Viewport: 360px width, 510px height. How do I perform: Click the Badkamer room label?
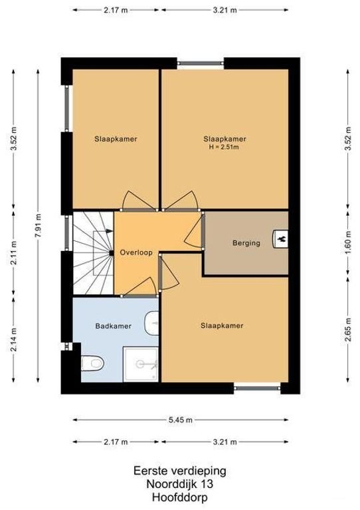pyautogui.click(x=113, y=326)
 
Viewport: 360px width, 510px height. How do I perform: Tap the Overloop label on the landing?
pyautogui.click(x=136, y=253)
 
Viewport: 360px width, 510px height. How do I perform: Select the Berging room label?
pyautogui.click(x=246, y=243)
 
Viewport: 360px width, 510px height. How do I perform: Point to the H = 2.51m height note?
pyautogui.click(x=224, y=147)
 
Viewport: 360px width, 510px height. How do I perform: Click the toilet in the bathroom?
pyautogui.click(x=92, y=363)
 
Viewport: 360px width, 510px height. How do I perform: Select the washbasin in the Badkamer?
pyautogui.click(x=152, y=323)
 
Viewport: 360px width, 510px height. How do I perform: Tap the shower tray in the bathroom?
pyautogui.click(x=141, y=364)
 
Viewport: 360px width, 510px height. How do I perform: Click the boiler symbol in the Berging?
pyautogui.click(x=280, y=239)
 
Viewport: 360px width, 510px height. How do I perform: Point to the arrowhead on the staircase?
pyautogui.click(x=110, y=231)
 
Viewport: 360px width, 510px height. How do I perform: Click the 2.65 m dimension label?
pyautogui.click(x=348, y=329)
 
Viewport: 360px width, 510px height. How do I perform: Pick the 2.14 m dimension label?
pyautogui.click(x=14, y=339)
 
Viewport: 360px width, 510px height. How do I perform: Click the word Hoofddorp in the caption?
pyautogui.click(x=179, y=497)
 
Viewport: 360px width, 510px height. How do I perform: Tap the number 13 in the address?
pyautogui.click(x=207, y=484)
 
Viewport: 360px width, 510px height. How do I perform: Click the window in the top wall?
pyautogui.click(x=201, y=64)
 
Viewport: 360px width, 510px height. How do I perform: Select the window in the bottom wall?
pyautogui.click(x=257, y=388)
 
